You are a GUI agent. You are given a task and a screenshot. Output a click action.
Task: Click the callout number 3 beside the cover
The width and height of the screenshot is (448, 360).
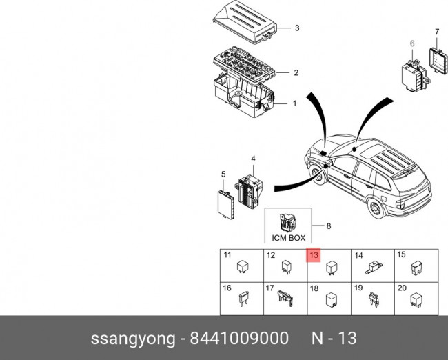tap(296, 28)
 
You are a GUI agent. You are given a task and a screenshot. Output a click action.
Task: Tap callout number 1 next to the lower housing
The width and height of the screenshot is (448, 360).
tap(294, 104)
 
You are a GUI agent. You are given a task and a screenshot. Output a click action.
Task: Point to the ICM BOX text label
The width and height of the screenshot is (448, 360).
tap(288, 238)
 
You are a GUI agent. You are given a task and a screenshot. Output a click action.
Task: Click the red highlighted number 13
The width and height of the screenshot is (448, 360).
tap(313, 255)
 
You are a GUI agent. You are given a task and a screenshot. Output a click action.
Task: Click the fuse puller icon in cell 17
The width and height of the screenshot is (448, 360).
tap(285, 298)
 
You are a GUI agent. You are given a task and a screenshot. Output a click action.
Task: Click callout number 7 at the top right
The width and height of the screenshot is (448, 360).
tap(436, 32)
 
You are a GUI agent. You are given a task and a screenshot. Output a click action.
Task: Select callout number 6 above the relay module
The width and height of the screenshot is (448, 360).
tap(412, 44)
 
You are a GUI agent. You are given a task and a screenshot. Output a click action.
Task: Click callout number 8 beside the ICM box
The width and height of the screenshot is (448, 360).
tap(329, 225)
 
